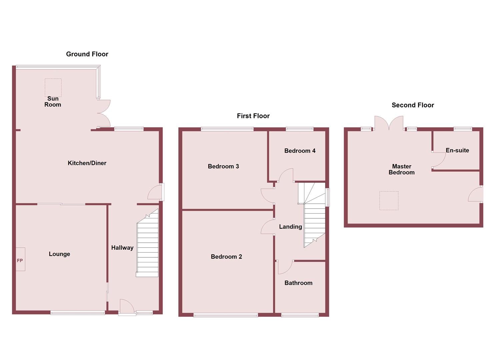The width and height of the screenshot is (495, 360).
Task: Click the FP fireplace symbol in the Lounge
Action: (20, 259)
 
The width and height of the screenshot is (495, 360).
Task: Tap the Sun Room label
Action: (53, 101)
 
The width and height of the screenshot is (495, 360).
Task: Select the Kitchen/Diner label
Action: (87, 163)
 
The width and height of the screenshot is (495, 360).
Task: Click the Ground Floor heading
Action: (87, 54)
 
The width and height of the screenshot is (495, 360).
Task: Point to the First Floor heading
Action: (253, 116)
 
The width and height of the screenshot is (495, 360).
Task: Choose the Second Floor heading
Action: (413, 105)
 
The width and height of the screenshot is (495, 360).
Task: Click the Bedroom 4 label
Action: (300, 151)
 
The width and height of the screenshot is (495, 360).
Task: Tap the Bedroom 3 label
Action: (223, 166)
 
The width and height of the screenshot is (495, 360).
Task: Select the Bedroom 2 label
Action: (226, 257)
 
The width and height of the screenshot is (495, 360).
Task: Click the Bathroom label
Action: (298, 283)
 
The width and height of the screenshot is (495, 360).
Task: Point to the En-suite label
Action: (457, 150)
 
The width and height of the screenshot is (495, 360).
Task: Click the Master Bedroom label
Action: (402, 169)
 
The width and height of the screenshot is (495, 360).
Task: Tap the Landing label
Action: (290, 227)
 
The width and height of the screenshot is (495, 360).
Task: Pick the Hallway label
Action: (122, 248)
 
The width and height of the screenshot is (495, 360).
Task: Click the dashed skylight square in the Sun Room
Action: (53, 87)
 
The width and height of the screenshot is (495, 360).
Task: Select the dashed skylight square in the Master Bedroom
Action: (389, 200)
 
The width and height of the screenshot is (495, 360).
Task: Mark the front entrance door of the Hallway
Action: (127, 307)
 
